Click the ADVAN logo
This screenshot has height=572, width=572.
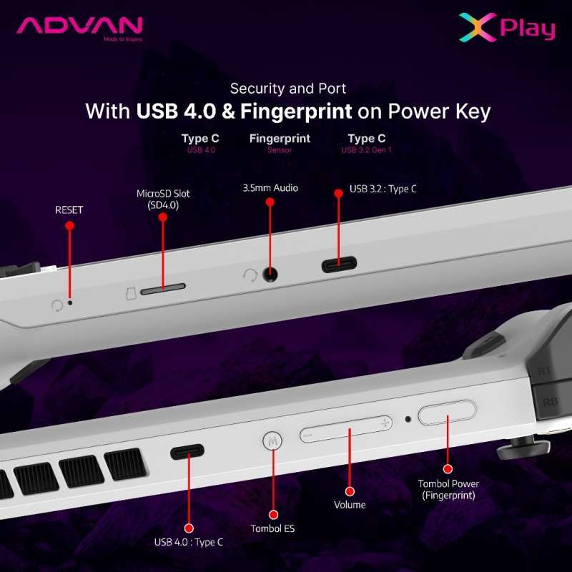(x=80, y=27)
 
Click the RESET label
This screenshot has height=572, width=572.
(x=69, y=209)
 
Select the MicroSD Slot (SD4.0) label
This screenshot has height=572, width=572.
(x=163, y=199)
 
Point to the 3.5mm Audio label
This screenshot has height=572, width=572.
(x=270, y=188)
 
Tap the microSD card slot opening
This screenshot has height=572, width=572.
(x=163, y=290)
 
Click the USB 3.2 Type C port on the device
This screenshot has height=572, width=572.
(x=340, y=265)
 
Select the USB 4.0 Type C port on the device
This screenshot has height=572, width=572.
(x=187, y=452)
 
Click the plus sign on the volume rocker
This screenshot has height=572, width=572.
(x=385, y=423)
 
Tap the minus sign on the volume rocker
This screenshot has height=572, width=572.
(x=308, y=434)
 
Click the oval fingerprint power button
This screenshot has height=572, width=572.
(x=447, y=414)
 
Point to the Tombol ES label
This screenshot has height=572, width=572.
(x=272, y=529)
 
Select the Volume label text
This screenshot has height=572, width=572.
(x=350, y=505)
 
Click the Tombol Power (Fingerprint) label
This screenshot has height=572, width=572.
(x=448, y=489)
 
